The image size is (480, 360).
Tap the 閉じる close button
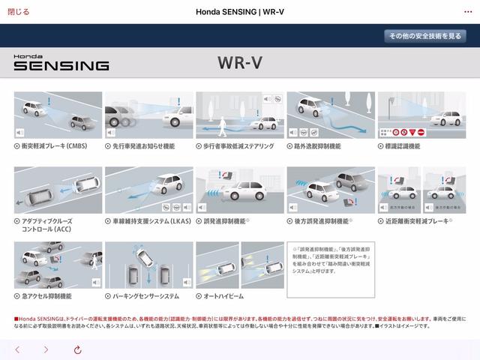coord(18,11)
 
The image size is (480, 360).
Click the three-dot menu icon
coord(468,11)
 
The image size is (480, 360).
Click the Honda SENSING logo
coord(61,62)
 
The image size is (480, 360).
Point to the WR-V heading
coord(239,62)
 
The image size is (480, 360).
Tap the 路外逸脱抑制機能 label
coord(318,146)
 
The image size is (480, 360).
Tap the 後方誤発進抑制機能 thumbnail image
coord(330,190)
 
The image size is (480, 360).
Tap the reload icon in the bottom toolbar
coord(77,349)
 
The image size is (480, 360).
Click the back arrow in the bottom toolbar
coord(17,349)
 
